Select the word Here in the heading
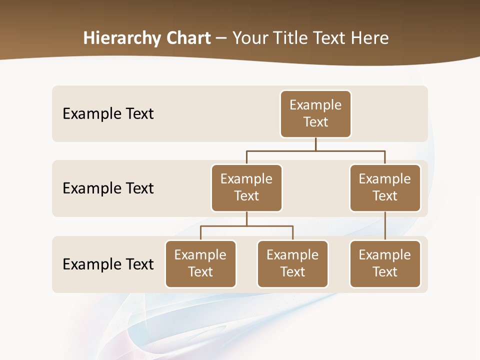pos(370,38)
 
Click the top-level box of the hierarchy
pos(315,114)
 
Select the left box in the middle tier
pos(246,188)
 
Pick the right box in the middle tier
pos(385,188)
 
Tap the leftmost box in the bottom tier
pos(200,264)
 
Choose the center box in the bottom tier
pos(292,264)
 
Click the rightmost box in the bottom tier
pos(385,264)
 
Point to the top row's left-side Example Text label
pos(108,114)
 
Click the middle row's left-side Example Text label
pos(108,188)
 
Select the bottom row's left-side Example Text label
pos(108,264)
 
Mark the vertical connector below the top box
pos(315,144)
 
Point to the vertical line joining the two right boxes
pos(385,226)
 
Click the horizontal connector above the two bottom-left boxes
pos(246,226)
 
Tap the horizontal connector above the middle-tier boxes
pos(315,150)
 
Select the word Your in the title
pos(248,38)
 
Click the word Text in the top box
pos(315,122)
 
